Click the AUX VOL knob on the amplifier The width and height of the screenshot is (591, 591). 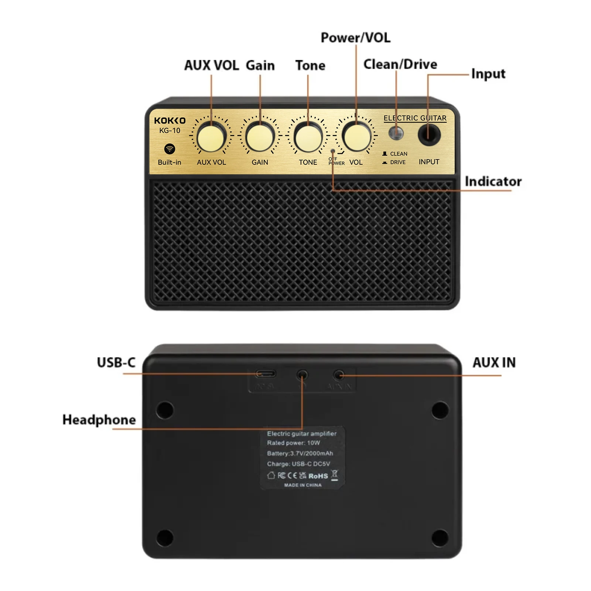[x=211, y=138]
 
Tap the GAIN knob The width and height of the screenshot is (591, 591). [x=260, y=137]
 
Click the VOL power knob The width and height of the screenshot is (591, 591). [x=356, y=137]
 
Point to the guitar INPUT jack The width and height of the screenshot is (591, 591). [x=429, y=134]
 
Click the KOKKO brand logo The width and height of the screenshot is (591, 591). [x=170, y=121]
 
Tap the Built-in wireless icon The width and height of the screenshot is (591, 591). [x=170, y=149]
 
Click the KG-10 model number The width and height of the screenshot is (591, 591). [x=170, y=130]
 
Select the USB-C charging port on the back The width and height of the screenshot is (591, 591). [x=266, y=374]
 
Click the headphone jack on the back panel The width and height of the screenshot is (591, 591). [x=302, y=375]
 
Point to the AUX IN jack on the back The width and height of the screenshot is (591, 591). [x=338, y=376]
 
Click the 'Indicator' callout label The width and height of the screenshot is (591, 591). [x=493, y=181]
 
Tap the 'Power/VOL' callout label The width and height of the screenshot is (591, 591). [x=355, y=38]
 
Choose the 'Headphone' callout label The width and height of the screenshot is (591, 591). [x=99, y=420]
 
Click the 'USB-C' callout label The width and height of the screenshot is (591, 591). [x=116, y=362]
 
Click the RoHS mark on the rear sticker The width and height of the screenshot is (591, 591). [x=318, y=476]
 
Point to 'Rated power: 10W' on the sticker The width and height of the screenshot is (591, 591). [x=293, y=443]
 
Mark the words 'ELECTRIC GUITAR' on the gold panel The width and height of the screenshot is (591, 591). [x=415, y=118]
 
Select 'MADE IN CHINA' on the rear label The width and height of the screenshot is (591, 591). [x=303, y=485]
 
